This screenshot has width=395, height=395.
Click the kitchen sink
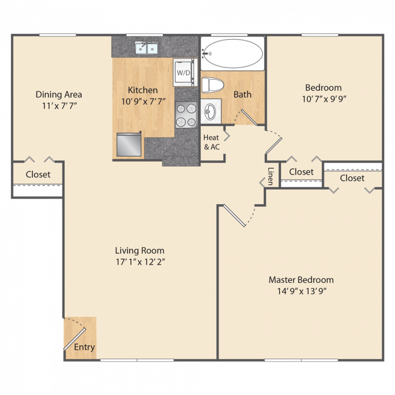click(x=147, y=48)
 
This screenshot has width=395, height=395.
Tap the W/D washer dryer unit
click(x=184, y=73)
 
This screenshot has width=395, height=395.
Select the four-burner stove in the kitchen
click(x=187, y=115)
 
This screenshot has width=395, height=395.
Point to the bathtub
click(x=232, y=53)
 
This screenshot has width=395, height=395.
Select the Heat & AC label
click(x=211, y=142)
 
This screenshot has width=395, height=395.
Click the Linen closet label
click(x=270, y=176)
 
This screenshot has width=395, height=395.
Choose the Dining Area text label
click(x=59, y=95)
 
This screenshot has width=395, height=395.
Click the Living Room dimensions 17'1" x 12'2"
click(x=139, y=262)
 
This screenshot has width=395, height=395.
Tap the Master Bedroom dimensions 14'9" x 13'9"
click(x=301, y=291)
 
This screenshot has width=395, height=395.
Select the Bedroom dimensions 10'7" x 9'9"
click(x=323, y=99)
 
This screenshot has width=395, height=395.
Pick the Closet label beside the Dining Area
click(x=38, y=174)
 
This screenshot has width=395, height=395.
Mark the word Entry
click(x=84, y=347)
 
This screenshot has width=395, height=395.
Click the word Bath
click(x=243, y=95)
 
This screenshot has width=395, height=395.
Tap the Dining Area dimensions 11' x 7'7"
click(x=59, y=106)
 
